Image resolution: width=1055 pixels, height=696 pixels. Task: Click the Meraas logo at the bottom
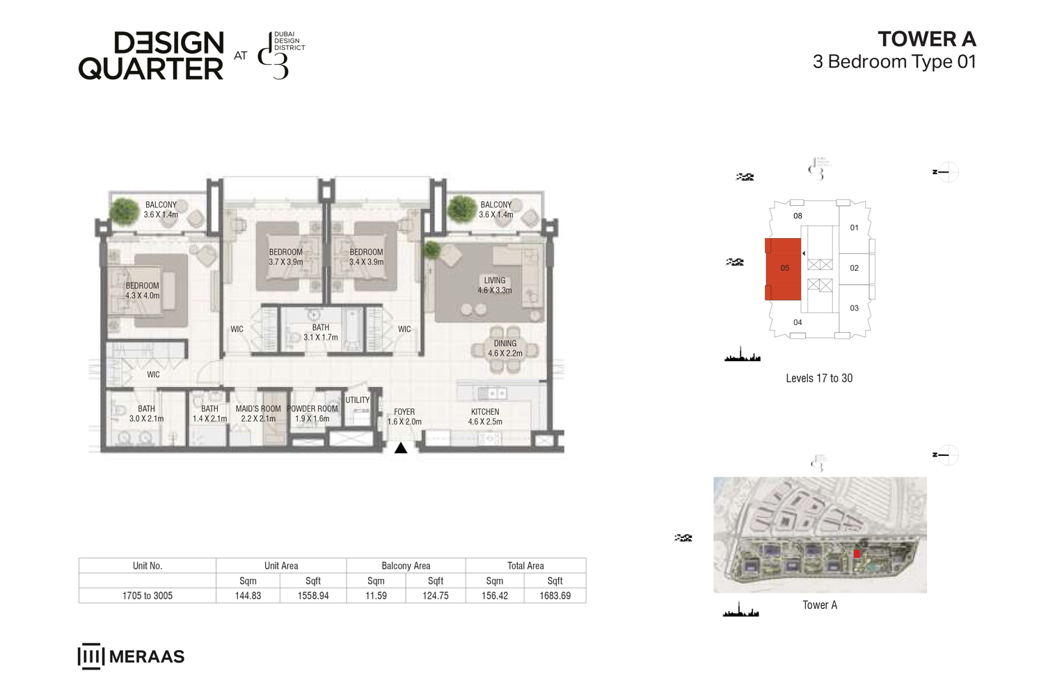(x=131, y=656)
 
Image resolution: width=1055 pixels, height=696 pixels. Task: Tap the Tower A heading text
(x=926, y=39)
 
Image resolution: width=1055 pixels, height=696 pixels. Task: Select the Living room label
(x=495, y=285)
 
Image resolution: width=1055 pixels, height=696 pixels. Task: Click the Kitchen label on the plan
(x=485, y=416)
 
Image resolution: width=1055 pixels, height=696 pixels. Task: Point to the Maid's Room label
(x=258, y=413)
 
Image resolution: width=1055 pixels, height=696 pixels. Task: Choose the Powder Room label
(x=312, y=413)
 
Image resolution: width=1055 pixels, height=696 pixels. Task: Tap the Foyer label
(x=404, y=416)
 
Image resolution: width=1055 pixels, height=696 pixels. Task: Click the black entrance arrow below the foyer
(x=401, y=448)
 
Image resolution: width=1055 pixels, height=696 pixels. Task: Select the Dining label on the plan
(x=505, y=348)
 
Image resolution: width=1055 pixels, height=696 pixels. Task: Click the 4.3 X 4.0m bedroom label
(x=143, y=290)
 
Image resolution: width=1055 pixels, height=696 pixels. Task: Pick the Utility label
(x=358, y=400)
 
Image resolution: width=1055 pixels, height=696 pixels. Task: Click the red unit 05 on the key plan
(x=784, y=269)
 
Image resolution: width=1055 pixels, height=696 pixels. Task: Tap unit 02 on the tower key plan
(x=855, y=268)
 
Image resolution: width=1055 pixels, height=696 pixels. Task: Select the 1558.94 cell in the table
(x=313, y=596)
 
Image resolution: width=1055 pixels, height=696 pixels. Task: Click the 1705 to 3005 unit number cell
(x=148, y=596)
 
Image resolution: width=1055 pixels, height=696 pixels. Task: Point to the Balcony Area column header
(x=406, y=566)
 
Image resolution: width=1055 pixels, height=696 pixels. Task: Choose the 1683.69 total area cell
(x=555, y=596)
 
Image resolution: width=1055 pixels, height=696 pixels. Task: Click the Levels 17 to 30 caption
(x=819, y=379)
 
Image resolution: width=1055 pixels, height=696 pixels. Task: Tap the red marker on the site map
(x=857, y=553)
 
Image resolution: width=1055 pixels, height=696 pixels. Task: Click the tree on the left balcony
(x=125, y=211)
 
